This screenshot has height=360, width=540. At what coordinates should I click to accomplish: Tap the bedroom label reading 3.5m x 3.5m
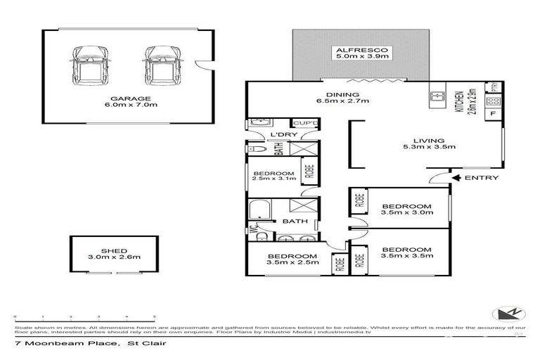point(407,254)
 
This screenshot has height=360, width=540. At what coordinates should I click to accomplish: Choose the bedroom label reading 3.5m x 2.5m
point(293,259)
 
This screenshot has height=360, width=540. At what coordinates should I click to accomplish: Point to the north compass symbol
point(505,313)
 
